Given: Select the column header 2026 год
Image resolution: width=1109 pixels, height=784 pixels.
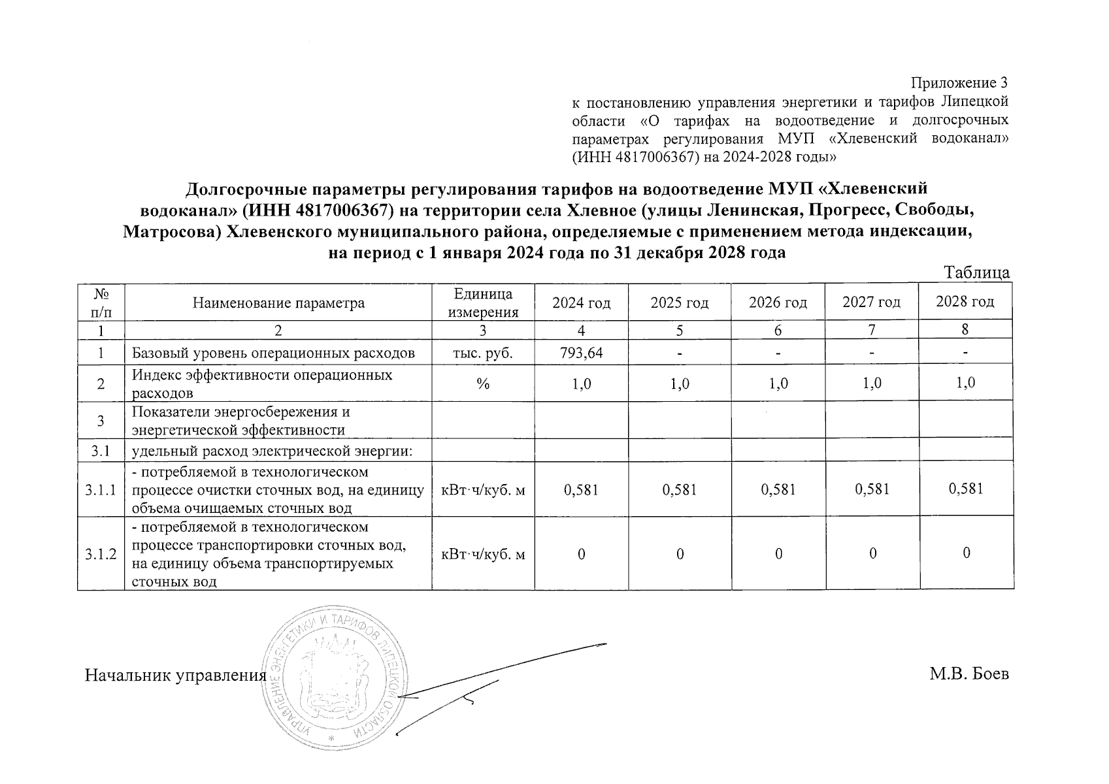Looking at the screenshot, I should (x=778, y=302).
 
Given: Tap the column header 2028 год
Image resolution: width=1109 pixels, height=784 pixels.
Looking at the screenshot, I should (x=965, y=302).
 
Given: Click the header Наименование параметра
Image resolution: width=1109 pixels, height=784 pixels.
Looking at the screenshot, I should (x=278, y=303).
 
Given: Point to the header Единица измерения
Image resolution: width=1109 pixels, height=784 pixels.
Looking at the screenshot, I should (x=483, y=303).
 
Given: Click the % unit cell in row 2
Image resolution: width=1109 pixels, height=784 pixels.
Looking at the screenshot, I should (x=483, y=384).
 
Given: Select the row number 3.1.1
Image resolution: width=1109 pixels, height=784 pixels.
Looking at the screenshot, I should (x=101, y=489).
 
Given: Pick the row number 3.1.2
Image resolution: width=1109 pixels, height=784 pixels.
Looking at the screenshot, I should (x=101, y=554).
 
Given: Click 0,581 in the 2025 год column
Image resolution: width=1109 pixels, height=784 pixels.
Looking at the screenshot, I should (x=680, y=489).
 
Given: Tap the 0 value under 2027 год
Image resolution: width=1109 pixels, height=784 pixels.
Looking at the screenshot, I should (x=872, y=554).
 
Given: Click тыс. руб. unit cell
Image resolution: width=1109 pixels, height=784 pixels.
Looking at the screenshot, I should (x=483, y=353).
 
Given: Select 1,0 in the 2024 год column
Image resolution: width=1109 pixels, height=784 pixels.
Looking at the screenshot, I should (x=581, y=384).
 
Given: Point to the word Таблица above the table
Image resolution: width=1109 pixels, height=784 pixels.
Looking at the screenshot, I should (x=977, y=273).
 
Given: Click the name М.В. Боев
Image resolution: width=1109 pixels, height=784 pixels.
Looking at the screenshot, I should (x=969, y=674).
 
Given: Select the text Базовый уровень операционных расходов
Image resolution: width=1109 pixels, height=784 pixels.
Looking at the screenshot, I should (x=273, y=353).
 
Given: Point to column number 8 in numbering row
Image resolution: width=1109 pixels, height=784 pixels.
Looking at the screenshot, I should (x=965, y=330).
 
